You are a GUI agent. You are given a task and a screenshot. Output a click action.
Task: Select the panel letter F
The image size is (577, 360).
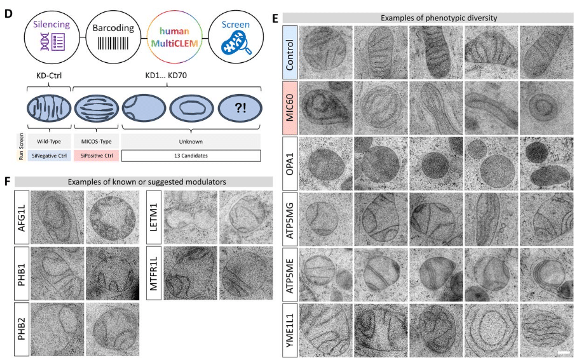click(9, 181)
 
